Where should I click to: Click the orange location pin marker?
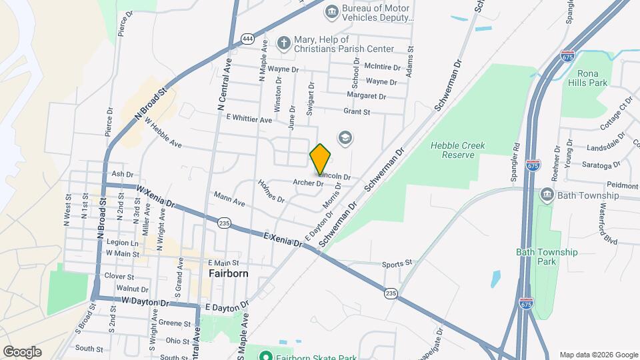[x=321, y=159]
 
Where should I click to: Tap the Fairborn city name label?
[x=228, y=273]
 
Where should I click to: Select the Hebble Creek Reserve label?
[x=457, y=150]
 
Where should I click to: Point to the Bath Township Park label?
[x=547, y=257]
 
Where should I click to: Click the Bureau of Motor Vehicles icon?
[x=331, y=11]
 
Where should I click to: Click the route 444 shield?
[x=247, y=38]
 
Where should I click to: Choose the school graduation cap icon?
[x=345, y=138]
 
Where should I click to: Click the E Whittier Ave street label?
[x=249, y=119]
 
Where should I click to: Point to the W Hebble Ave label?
[x=163, y=133]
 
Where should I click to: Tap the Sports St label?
[x=398, y=264]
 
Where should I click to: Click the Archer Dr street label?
[x=309, y=183]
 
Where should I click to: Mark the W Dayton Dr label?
[x=145, y=302]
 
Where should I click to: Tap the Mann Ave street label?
[x=229, y=199]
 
